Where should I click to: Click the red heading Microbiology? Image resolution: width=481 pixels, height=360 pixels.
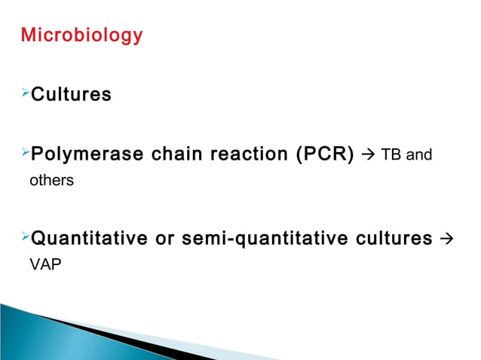coord(81,35)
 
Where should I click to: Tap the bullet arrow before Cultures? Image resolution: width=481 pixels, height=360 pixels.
coord(24,93)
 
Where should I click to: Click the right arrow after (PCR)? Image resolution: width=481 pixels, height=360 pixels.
coord(367,156)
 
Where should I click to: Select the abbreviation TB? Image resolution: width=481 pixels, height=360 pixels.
coord(391,156)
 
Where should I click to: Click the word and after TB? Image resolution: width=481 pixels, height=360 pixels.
coord(418,156)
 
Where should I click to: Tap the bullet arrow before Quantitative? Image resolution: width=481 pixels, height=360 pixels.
coord(24,238)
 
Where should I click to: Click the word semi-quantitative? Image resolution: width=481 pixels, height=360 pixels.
coord(261,239)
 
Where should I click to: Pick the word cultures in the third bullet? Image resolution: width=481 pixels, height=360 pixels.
coord(390,239)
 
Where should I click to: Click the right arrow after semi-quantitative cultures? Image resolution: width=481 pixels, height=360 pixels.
coord(445,239)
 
